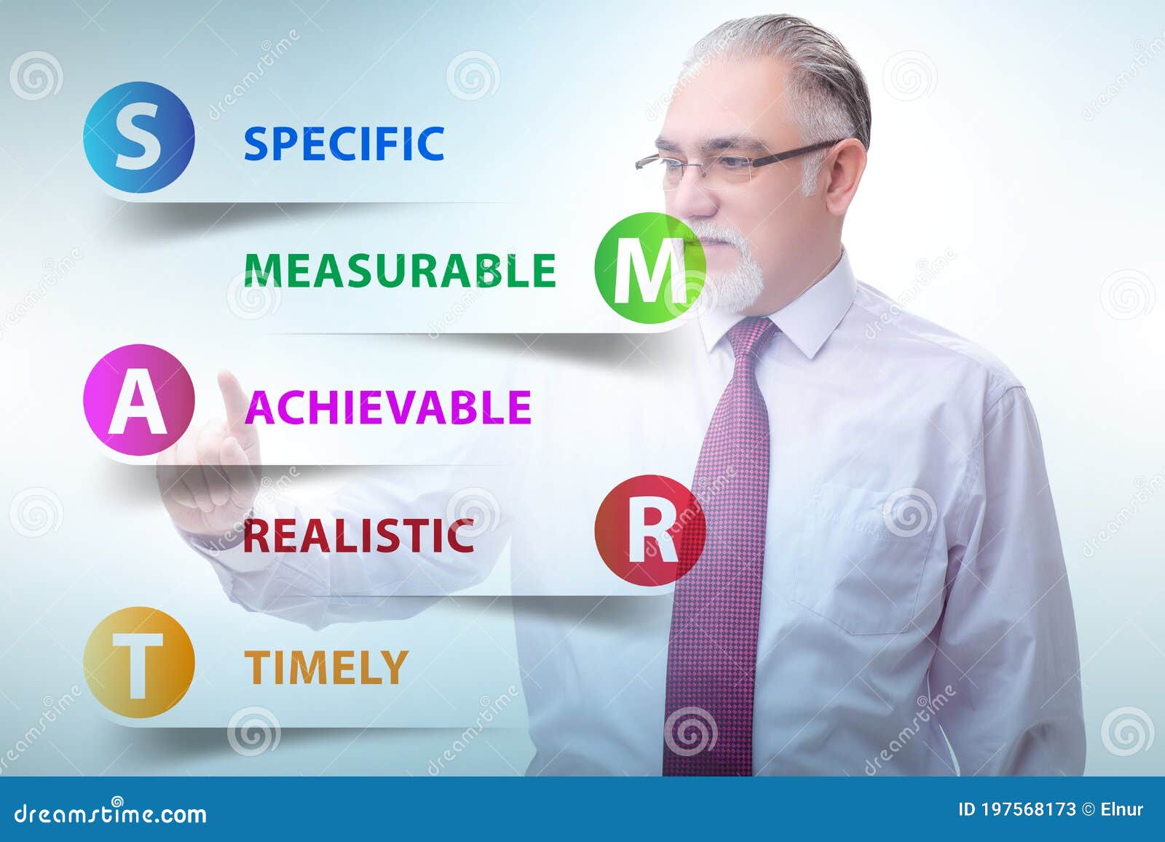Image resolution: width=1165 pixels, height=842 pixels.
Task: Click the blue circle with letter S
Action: pos(138,137)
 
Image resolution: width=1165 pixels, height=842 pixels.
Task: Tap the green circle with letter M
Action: pos(650,268)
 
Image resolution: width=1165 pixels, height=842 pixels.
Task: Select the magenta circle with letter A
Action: pos(138,400)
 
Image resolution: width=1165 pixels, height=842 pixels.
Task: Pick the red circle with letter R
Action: pos(650,531)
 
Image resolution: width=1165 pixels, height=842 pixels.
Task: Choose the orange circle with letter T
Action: pos(138,662)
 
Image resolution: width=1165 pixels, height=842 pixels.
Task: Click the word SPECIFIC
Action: pos(344,143)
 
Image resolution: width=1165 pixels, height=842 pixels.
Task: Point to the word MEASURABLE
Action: pos(400,271)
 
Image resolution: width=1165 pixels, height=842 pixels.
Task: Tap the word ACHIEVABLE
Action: pos(387,406)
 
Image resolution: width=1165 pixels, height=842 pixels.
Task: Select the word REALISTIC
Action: pos(358,536)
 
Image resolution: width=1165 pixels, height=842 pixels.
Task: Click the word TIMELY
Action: pos(325,667)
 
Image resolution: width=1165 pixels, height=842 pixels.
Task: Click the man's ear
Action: pos(845,175)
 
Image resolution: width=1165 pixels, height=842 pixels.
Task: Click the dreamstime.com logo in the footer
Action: pos(111,813)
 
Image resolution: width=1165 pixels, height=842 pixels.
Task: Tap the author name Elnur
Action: pos(1122,809)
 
